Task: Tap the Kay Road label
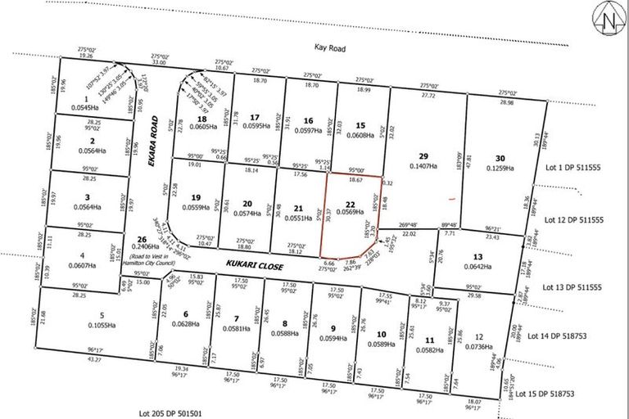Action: [x=330, y=49]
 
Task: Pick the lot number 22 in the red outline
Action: [x=350, y=205]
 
